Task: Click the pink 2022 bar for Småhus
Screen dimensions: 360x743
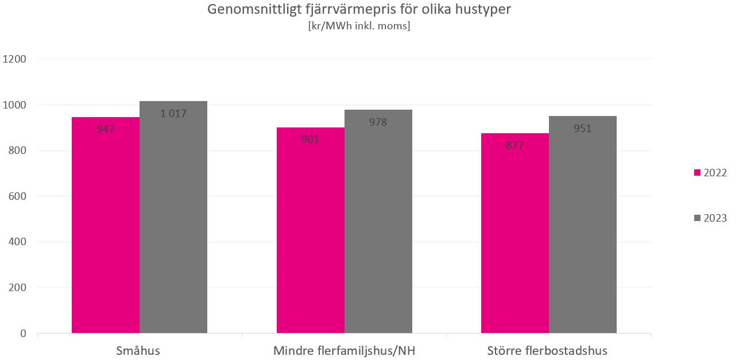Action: tap(106, 230)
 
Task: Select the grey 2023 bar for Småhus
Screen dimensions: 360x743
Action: tap(173, 224)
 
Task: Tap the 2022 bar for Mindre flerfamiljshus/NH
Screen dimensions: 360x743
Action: tap(310, 235)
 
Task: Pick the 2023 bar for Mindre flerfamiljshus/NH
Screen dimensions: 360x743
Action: tap(378, 227)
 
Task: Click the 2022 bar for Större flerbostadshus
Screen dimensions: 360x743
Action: tap(515, 238)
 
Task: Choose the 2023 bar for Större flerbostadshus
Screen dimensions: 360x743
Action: tap(583, 230)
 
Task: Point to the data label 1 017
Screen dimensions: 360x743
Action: tap(173, 113)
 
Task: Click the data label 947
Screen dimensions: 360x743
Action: tap(106, 129)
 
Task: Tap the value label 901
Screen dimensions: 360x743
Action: tap(310, 139)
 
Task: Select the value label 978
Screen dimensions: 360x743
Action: tap(378, 122)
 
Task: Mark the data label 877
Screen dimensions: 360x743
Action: tap(515, 145)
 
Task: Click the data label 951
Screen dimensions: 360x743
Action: tap(583, 128)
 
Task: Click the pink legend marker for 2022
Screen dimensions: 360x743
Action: tap(698, 173)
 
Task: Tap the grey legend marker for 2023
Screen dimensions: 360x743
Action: tap(698, 218)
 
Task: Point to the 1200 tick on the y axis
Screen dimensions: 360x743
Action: tap(15, 59)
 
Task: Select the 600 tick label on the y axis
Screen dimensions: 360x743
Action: tap(18, 196)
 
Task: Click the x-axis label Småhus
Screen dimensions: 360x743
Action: tap(138, 350)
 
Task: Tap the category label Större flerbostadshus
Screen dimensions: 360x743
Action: tap(547, 350)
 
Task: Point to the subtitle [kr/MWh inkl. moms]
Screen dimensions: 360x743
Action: tap(359, 26)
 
